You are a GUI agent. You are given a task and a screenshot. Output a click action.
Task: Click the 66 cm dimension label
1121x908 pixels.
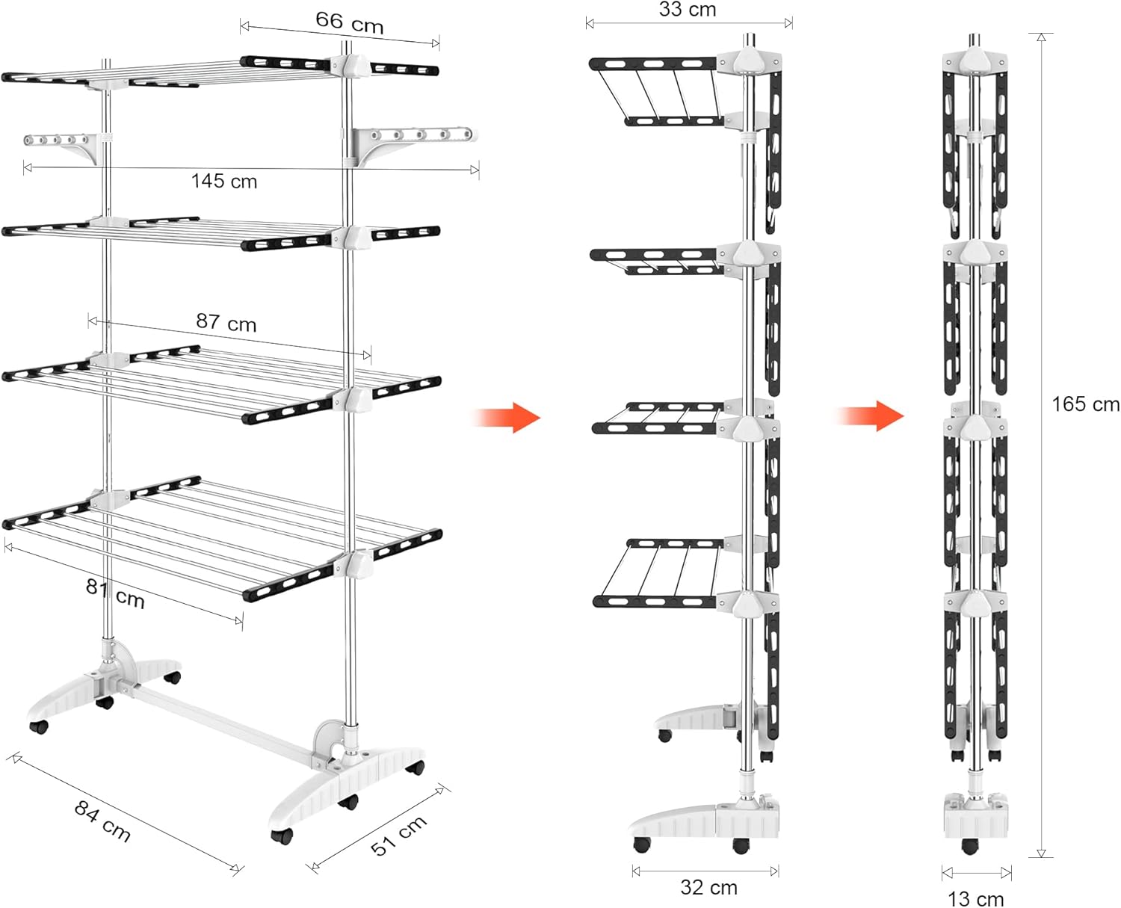349,22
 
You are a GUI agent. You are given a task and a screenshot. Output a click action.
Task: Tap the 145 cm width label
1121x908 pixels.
224,182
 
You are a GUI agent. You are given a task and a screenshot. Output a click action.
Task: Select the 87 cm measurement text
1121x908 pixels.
226,322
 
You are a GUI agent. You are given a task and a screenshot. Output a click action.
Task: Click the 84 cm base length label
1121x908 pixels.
102,821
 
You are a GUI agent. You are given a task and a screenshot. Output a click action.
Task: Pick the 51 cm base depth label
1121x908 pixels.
399,835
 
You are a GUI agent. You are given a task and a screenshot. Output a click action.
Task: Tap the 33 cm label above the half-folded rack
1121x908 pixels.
687,10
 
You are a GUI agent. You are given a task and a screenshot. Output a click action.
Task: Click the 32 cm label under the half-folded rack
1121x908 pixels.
708,888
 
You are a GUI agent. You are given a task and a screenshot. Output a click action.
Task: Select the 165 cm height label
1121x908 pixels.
1085,404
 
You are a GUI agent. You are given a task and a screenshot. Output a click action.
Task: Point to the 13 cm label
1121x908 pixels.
975,899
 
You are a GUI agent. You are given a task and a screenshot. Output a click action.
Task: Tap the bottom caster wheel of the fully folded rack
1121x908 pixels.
970,846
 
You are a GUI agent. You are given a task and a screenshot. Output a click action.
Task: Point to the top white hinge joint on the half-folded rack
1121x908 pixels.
747,61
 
